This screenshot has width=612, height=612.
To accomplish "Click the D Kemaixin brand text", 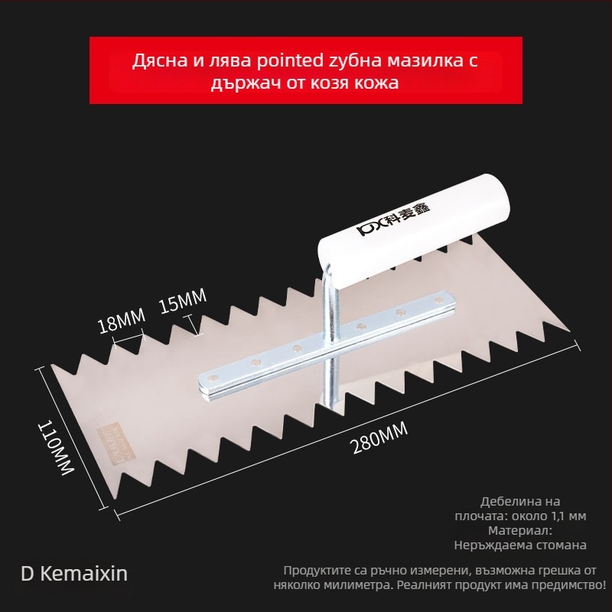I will pyautogui.click(x=74, y=573).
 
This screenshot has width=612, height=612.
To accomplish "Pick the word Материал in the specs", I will pyautogui.click(x=519, y=530).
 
